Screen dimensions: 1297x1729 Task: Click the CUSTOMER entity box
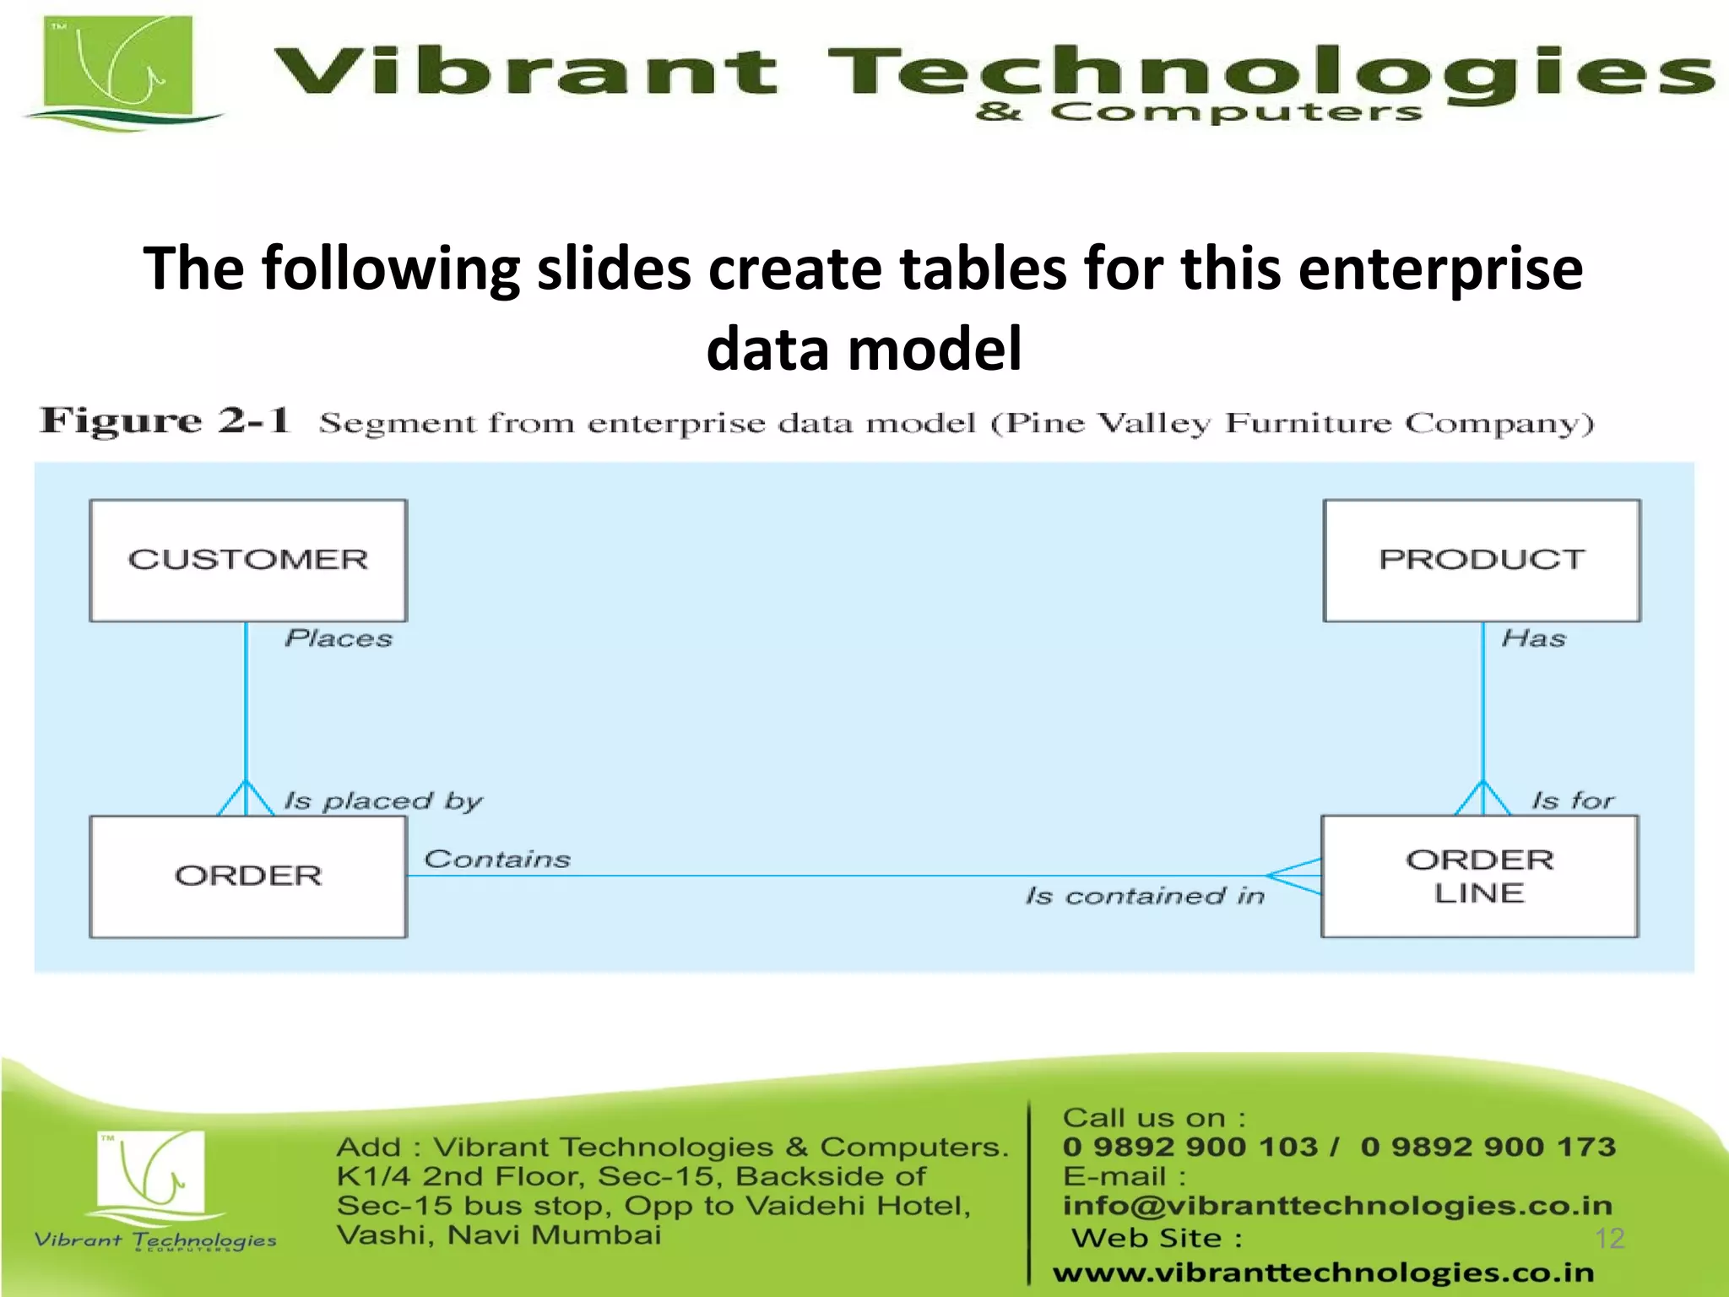click(x=248, y=561)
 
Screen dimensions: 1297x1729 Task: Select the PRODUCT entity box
click(x=1482, y=561)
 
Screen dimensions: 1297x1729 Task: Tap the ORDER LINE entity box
click(x=1479, y=876)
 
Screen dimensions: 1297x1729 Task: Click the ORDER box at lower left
click(x=248, y=876)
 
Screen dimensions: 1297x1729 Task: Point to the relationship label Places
click(x=339, y=638)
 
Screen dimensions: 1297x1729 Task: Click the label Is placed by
click(x=382, y=800)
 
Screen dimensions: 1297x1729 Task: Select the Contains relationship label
click(x=497, y=860)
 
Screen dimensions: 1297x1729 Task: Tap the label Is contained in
click(x=1145, y=896)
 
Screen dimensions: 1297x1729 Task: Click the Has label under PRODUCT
click(x=1533, y=638)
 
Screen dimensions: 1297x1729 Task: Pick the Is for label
click(x=1572, y=800)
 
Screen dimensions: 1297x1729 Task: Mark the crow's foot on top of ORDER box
click(x=246, y=799)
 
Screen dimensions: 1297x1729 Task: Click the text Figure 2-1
click(x=165, y=421)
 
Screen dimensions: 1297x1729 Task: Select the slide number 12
click(x=1609, y=1238)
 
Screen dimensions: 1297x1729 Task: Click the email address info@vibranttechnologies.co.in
click(x=1337, y=1205)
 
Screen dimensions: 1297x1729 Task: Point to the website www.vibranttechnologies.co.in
click(x=1323, y=1272)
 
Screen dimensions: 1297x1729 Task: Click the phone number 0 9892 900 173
click(x=1488, y=1147)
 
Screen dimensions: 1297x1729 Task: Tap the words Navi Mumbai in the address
click(x=554, y=1235)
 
